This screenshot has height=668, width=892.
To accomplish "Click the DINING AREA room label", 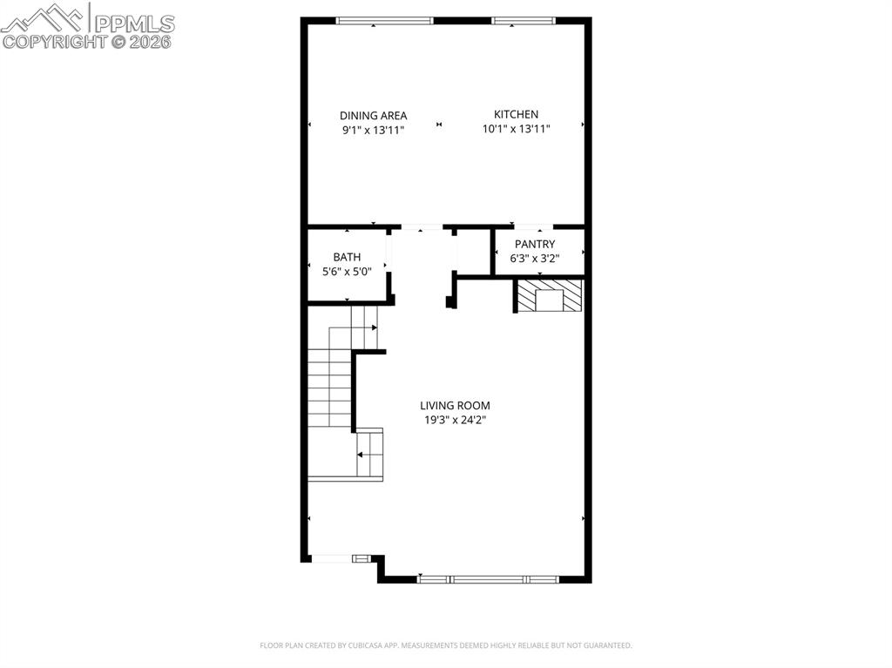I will click(373, 115).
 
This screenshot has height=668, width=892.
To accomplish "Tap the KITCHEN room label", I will click(516, 114).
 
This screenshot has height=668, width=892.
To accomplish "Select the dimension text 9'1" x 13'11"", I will click(373, 129).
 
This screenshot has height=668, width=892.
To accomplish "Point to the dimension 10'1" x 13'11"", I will click(516, 128).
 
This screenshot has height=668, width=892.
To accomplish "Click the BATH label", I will click(347, 257).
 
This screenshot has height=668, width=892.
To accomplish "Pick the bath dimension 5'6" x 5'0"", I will click(347, 271).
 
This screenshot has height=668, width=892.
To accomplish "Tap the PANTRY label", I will click(535, 244).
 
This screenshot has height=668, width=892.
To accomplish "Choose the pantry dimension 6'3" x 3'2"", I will click(535, 258).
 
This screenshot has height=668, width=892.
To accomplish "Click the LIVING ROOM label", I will click(455, 405).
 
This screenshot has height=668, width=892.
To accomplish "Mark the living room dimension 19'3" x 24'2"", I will click(455, 419).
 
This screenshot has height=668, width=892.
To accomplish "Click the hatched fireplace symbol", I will click(549, 296).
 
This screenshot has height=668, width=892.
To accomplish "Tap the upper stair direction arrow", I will click(375, 327).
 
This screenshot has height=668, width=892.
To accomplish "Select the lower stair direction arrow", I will click(361, 454).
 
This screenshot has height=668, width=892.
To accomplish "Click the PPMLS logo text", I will click(133, 23).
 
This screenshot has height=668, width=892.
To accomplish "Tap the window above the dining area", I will click(384, 20).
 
